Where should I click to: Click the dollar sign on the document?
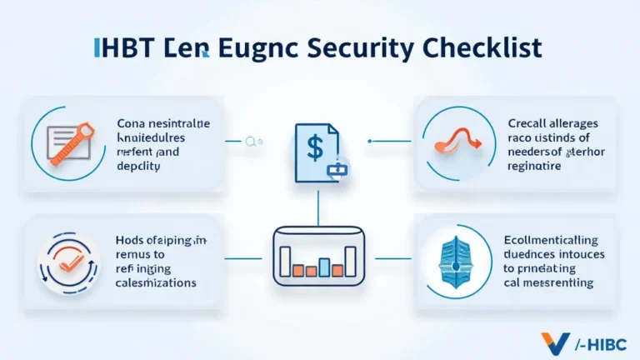(x=316, y=147)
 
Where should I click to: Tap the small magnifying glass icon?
(x=249, y=142)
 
